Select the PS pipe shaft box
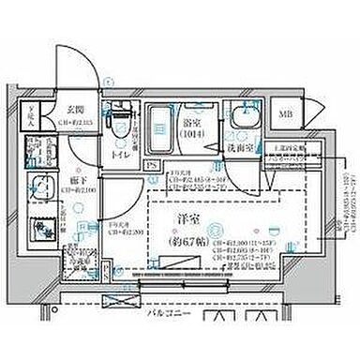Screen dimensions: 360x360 (x=153, y=165)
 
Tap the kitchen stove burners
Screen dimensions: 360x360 (x=40, y=228)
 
